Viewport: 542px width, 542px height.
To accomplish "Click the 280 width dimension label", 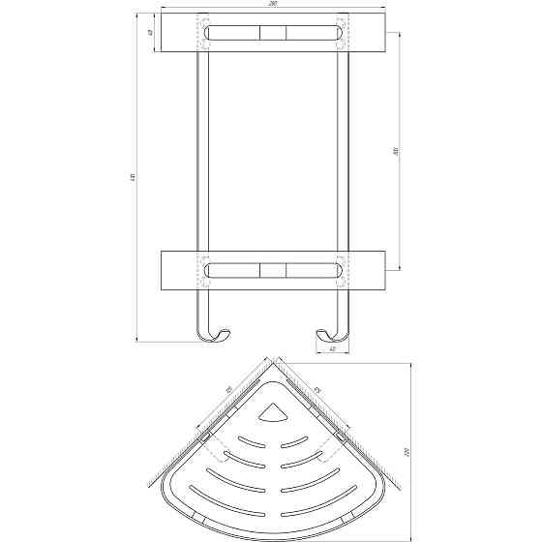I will click(273, 8).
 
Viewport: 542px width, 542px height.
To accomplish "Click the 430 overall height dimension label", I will click(133, 178).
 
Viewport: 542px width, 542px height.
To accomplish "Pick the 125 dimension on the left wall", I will click(228, 391).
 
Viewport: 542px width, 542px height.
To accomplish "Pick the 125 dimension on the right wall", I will click(316, 391).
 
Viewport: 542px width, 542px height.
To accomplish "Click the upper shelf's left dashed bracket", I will click(203, 33).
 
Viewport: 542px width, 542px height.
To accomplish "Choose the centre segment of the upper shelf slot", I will click(272, 33).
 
